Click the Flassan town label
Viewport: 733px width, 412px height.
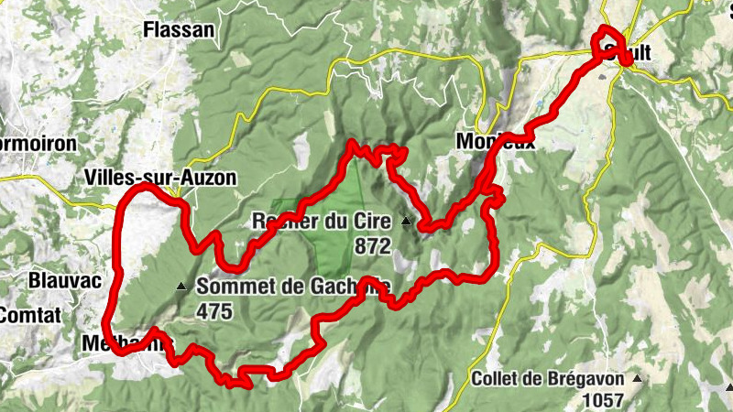pos(179,29)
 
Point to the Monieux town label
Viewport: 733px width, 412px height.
pos(495,142)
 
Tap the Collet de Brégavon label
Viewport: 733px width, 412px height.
pos(548,379)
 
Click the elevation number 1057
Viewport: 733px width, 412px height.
pos(602,400)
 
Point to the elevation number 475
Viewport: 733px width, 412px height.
pos(213,311)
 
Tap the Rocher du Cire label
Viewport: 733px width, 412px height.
pos(321,222)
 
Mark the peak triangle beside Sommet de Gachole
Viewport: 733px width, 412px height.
pos(181,287)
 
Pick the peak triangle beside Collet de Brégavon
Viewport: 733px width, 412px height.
pos(636,378)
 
